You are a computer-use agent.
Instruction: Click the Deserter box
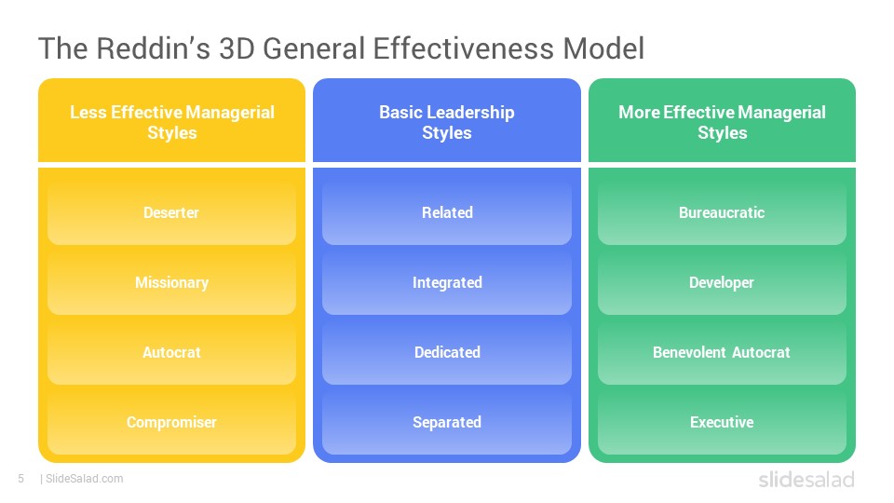point(171,212)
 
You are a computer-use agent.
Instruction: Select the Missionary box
point(171,283)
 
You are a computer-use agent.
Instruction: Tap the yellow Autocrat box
point(171,352)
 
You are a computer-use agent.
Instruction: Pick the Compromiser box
point(171,423)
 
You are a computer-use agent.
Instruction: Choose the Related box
point(447,212)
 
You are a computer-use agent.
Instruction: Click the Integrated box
point(447,283)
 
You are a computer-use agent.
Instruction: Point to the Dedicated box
point(447,352)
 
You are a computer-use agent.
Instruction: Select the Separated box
point(447,423)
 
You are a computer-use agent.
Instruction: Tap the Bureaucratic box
point(722,212)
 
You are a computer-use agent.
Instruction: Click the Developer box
point(722,283)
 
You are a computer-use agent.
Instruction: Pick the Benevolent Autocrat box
point(722,352)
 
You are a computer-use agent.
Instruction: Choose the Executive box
point(722,423)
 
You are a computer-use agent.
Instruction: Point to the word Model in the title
point(603,48)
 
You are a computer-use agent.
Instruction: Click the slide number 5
point(21,479)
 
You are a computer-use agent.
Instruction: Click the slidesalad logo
point(806,479)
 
